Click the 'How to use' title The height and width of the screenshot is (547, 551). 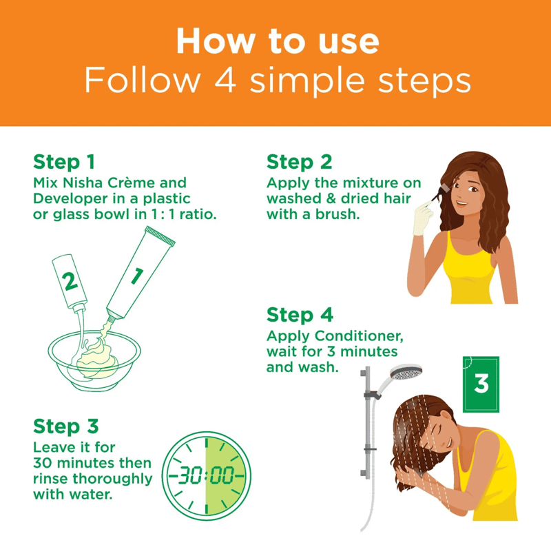coord(278,41)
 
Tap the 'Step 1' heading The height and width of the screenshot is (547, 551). coord(64,162)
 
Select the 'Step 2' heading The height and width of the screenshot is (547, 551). coord(299,162)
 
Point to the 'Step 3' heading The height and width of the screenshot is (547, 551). coord(65,426)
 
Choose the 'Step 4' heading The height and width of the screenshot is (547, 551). coord(300,315)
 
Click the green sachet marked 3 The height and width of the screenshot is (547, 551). coord(481,384)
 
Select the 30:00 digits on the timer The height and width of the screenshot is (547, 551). coord(206,476)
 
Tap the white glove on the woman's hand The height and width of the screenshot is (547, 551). coord(423,219)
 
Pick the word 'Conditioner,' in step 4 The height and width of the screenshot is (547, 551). coord(359,336)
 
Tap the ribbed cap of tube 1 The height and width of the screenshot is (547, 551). coord(160,236)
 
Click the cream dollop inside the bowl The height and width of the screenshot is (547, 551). coord(96,360)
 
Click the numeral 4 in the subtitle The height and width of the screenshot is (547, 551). coord(225,81)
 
